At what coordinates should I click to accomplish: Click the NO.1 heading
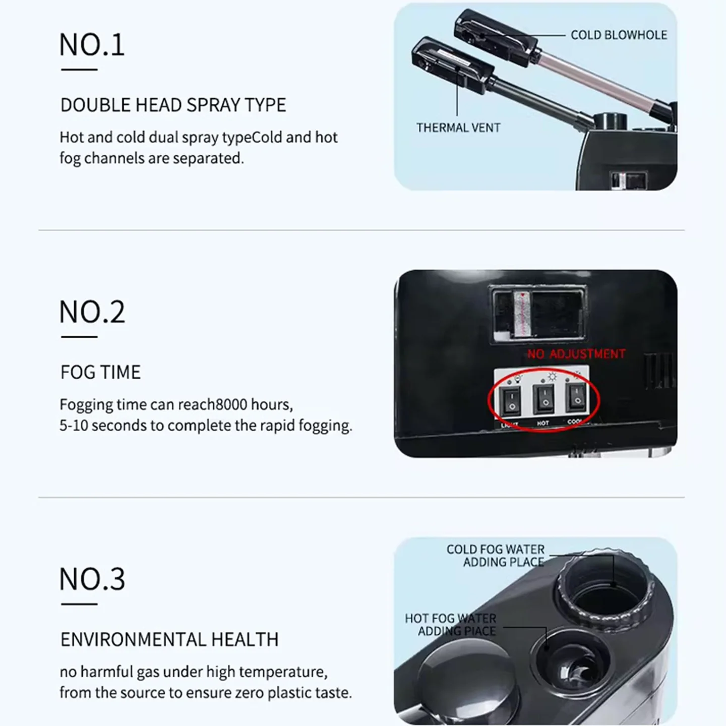tap(92, 45)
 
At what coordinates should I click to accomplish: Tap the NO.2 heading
tap(92, 312)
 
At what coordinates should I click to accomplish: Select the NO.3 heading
tap(92, 579)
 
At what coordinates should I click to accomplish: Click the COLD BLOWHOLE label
tap(619, 35)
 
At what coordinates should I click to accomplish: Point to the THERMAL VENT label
tap(458, 128)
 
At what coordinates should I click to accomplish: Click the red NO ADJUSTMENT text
tap(576, 354)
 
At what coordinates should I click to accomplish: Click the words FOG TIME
tap(100, 373)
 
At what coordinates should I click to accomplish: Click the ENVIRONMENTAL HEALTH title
tap(169, 640)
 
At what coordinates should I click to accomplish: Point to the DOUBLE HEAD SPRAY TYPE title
tap(173, 105)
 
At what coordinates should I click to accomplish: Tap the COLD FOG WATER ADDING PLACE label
tap(496, 556)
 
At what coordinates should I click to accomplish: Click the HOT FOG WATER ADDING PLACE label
tap(451, 625)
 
